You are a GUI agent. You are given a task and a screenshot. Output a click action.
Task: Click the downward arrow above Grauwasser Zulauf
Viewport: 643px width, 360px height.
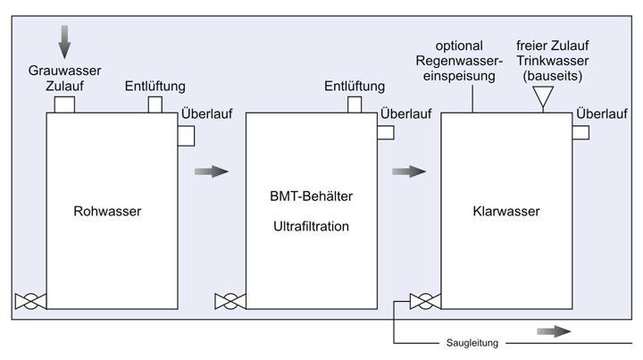pyautogui.click(x=63, y=38)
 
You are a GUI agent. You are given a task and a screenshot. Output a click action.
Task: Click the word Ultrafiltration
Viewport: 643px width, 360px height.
pyautogui.click(x=307, y=226)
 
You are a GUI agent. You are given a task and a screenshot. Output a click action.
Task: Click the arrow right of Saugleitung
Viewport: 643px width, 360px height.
pyautogui.click(x=554, y=331)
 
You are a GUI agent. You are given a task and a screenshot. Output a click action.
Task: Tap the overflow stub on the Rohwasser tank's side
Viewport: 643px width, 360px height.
pyautogui.click(x=186, y=135)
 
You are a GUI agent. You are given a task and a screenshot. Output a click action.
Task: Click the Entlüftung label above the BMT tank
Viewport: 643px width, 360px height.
pyautogui.click(x=355, y=87)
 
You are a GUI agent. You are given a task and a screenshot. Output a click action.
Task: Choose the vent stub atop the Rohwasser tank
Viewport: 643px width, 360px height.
pyautogui.click(x=155, y=105)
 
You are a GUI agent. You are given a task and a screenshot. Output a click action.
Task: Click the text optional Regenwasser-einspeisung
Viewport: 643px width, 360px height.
pyautogui.click(x=472, y=61)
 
